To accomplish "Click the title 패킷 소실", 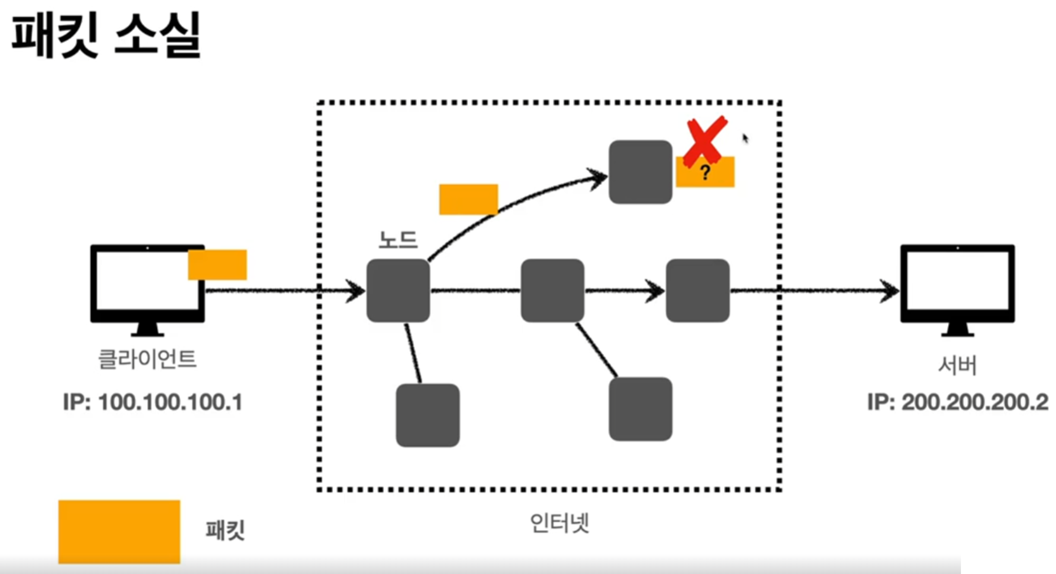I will [x=106, y=36].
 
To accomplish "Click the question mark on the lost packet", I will [x=705, y=172].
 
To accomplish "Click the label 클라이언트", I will [x=147, y=360].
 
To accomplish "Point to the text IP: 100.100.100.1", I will [x=153, y=402].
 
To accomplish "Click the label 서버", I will [x=957, y=365].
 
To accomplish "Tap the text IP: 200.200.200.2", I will [x=957, y=402].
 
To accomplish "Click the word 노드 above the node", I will [x=398, y=240].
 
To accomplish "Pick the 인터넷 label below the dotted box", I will [x=559, y=523].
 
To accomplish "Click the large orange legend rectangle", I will [x=119, y=531].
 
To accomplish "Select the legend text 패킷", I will [x=225, y=530].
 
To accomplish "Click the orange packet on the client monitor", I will [x=218, y=265].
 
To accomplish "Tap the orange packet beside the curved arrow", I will [x=468, y=199].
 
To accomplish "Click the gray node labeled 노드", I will [x=398, y=290].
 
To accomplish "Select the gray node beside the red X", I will [x=640, y=172].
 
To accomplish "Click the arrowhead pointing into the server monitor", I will [x=890, y=291].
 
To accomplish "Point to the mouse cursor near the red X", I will [x=745, y=138].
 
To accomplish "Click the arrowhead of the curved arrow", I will [x=599, y=178].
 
